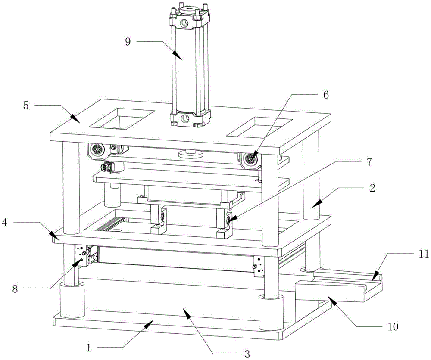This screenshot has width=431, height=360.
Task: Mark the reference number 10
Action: [394, 327]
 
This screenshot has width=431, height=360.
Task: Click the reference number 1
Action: [90, 347]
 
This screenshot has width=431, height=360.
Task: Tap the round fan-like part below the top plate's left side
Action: [97, 150]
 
